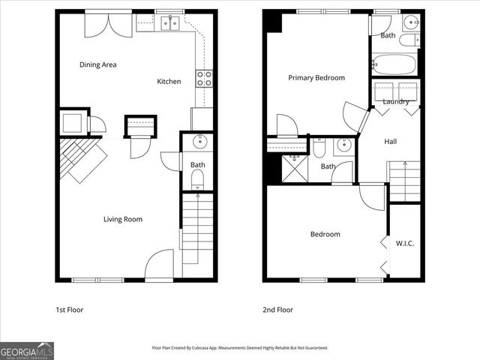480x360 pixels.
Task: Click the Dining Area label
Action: pos(97,64)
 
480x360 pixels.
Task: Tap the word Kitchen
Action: pos(169,81)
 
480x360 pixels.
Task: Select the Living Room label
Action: pos(122,219)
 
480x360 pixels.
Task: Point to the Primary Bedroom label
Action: pos(316,77)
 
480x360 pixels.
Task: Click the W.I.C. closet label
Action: pos(405,243)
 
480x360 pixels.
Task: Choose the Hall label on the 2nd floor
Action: pos(391,141)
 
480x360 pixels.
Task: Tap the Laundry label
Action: pos(395,101)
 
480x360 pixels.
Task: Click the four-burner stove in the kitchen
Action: pos(204,77)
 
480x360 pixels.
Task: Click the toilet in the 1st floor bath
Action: pos(197,178)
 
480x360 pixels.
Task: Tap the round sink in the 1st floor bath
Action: pos(199,141)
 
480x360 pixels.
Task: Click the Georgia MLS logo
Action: pos(27,350)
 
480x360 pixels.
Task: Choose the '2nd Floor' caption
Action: pos(277,310)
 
